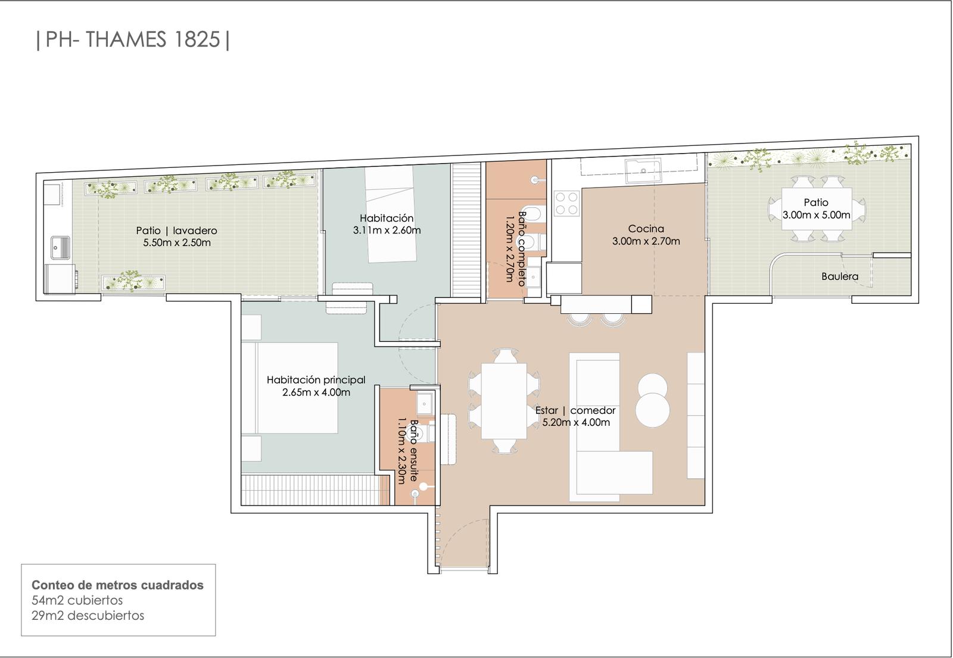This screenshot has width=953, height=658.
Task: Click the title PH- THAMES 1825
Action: coord(133,39)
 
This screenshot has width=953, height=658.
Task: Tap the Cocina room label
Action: coord(646,229)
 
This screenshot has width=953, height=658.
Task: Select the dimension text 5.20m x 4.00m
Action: coord(576,422)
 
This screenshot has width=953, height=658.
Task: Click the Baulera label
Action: coord(840,276)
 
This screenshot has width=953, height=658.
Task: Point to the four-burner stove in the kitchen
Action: coord(566,203)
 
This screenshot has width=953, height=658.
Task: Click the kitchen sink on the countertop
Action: coord(643,170)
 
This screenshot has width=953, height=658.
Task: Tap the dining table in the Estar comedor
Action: coord(504,400)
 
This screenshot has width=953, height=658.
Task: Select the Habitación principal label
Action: coord(316,380)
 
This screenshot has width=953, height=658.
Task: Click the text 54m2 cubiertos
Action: coord(77,600)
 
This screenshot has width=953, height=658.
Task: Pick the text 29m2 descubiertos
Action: coord(88,616)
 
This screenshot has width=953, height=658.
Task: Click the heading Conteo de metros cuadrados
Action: coord(117,585)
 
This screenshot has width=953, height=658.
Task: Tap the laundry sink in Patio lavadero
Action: coord(60,248)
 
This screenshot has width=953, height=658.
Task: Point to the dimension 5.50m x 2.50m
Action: coord(177,243)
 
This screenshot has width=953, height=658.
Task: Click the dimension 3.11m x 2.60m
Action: coord(387,230)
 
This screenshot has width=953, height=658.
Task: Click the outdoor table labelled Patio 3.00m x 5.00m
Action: coord(817,208)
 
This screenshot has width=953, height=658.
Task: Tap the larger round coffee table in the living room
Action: coord(653,410)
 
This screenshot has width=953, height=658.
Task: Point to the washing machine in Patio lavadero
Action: coord(60,279)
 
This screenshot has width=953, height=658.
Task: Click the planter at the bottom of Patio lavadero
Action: coord(133,282)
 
